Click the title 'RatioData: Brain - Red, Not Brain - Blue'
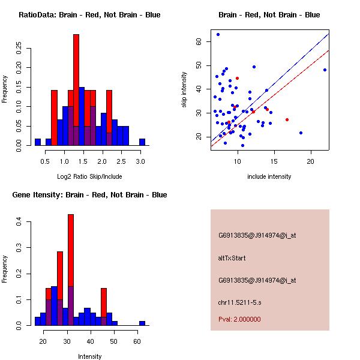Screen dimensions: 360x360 89,15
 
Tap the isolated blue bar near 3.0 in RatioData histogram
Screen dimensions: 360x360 142,142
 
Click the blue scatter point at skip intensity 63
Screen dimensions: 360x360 218,34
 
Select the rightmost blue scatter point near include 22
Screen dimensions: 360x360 325,70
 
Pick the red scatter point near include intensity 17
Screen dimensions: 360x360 287,120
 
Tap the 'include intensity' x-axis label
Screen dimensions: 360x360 269,176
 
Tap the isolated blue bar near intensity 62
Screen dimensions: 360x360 142,323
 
